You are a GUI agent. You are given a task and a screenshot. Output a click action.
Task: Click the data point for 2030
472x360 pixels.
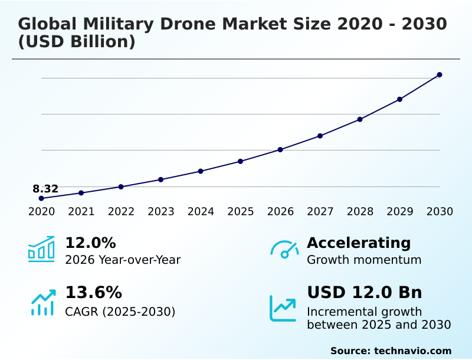[x=440, y=75]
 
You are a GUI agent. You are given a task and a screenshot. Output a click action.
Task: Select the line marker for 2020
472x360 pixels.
[x=41, y=198]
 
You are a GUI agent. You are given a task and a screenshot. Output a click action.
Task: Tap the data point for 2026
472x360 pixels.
[x=280, y=150]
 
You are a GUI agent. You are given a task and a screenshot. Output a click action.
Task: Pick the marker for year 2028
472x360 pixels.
[x=360, y=119]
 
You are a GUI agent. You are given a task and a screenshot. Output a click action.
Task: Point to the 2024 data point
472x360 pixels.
[x=201, y=171]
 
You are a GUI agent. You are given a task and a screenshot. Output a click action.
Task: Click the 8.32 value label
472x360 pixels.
[x=45, y=189]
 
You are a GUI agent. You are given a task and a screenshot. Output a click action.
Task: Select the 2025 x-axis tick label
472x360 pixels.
[x=241, y=212]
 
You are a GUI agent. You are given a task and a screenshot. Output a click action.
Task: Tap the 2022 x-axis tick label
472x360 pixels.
[x=121, y=212]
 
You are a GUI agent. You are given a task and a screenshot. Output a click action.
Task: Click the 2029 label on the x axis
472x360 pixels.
[x=400, y=212]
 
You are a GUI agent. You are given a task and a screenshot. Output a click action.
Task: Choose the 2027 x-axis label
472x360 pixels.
[x=320, y=212]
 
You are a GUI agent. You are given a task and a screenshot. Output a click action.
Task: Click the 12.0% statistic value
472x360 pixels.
[x=90, y=243]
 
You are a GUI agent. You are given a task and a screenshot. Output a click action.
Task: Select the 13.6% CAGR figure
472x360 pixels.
[x=93, y=293]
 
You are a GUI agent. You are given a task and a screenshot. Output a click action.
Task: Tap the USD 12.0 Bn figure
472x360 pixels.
[x=364, y=293]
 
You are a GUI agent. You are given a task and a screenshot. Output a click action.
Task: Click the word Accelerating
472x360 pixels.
[x=359, y=243]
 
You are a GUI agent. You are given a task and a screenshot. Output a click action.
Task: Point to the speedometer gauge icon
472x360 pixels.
[x=284, y=250]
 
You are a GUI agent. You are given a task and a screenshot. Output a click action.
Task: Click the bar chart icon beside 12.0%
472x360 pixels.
[x=41, y=249]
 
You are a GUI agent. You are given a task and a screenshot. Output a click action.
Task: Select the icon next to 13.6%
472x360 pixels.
[x=42, y=302]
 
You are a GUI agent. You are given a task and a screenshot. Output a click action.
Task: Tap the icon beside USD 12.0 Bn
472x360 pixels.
[x=283, y=308]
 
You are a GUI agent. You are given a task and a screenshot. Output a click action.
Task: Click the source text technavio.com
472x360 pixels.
[x=412, y=351]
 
